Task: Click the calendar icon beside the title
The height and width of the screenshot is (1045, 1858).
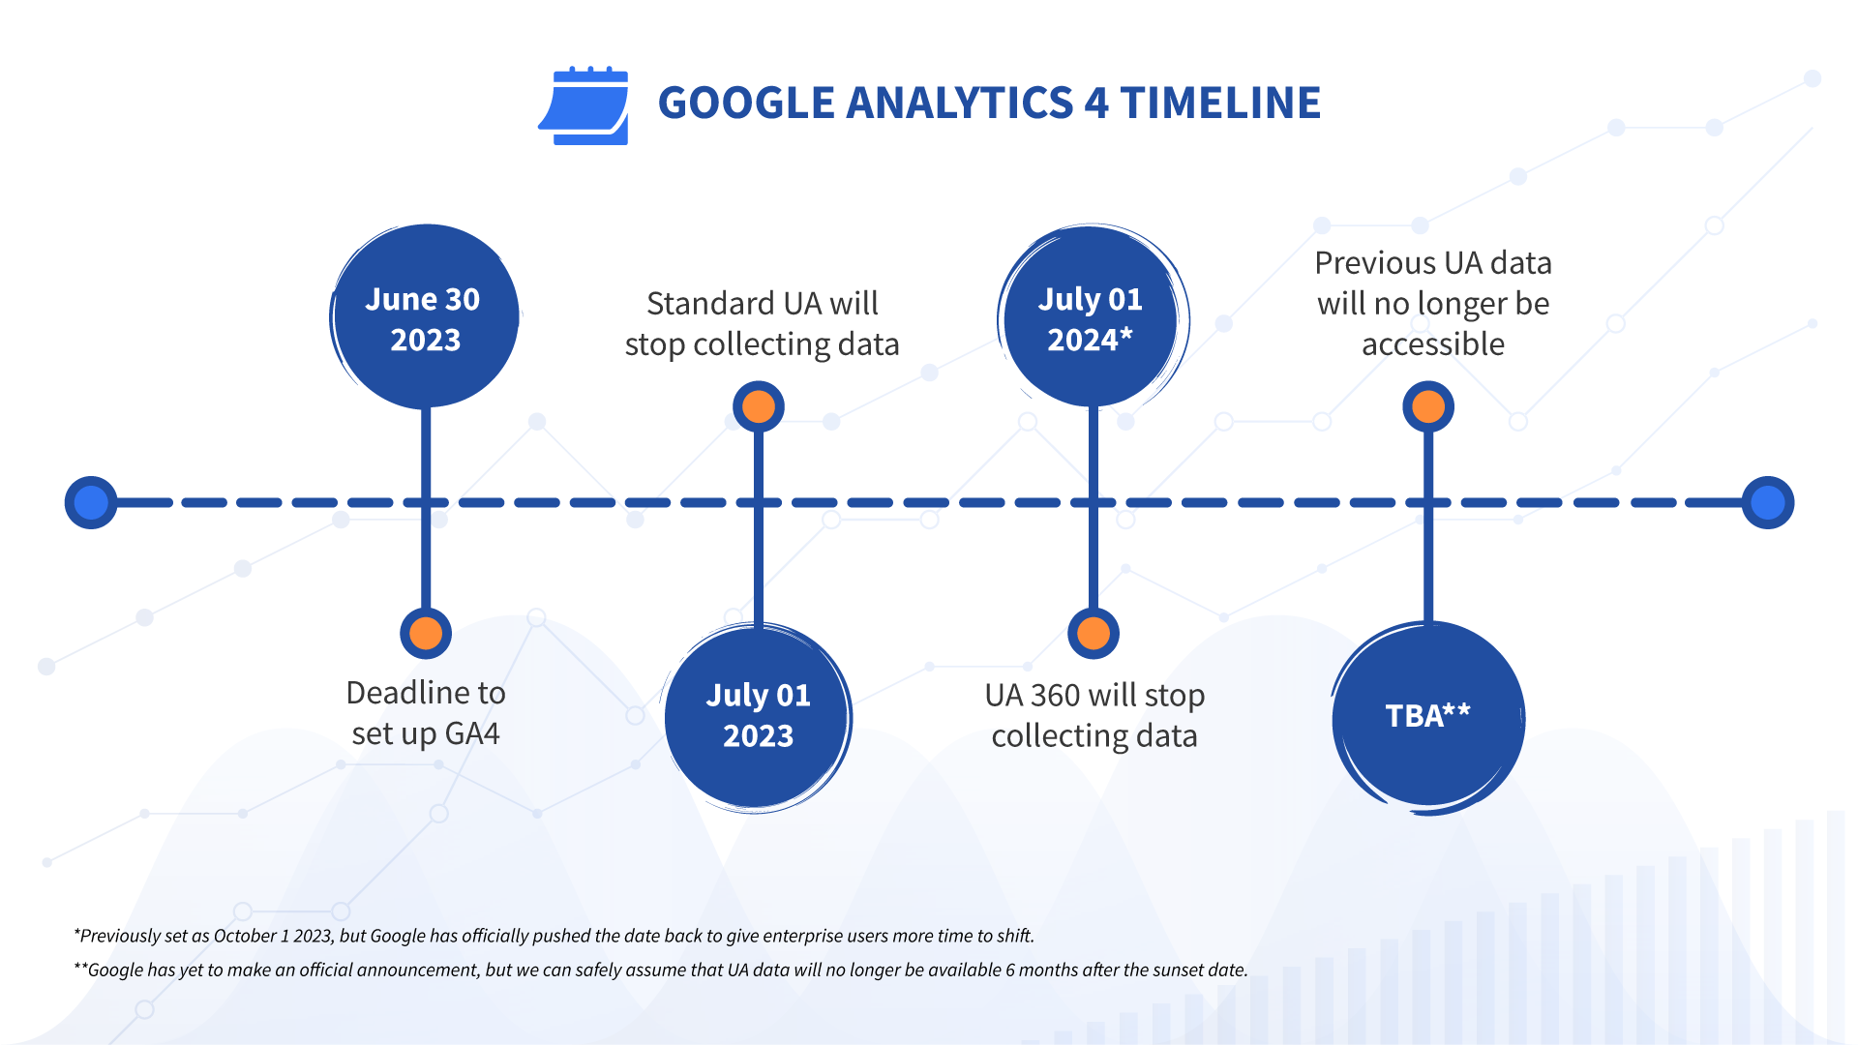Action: tap(584, 105)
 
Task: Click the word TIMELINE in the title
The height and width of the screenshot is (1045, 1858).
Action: tap(1220, 103)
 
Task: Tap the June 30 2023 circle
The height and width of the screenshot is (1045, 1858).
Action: tap(425, 316)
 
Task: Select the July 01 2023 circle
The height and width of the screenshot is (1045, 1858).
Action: tap(758, 717)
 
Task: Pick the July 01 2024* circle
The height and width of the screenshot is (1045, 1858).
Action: tap(1092, 317)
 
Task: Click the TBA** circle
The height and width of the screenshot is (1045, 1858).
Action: tap(1427, 717)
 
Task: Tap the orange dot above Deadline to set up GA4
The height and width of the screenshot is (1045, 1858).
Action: tap(426, 634)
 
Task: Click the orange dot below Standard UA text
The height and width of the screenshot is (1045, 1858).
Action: tap(759, 406)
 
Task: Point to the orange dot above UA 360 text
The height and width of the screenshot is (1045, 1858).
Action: tap(1094, 634)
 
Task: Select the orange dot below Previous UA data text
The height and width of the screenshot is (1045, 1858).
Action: tap(1428, 406)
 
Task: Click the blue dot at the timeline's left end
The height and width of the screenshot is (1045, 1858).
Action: tap(91, 502)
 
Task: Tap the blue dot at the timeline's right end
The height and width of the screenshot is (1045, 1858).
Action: tap(1768, 502)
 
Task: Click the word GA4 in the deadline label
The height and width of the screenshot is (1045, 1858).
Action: tap(472, 733)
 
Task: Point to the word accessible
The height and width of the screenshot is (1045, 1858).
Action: tap(1433, 343)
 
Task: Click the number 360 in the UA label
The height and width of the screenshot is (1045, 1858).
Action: tap(1055, 695)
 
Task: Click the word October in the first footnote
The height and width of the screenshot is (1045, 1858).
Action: tap(244, 936)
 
